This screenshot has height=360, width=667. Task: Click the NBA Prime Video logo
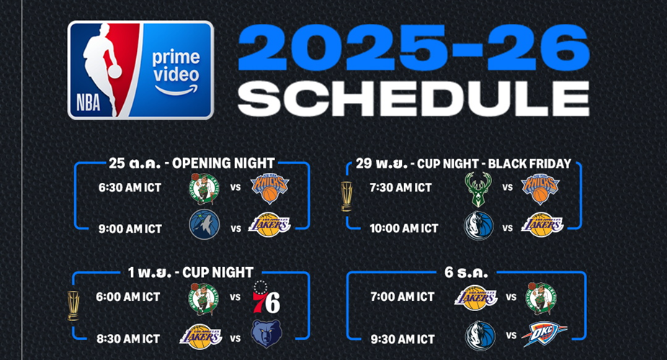coord(140,70)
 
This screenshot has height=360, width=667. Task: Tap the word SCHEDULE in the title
coord(413,99)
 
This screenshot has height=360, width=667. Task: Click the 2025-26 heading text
coord(413,48)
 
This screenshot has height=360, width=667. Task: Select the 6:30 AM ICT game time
coord(130,187)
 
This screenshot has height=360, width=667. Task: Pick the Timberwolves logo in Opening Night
coord(204,225)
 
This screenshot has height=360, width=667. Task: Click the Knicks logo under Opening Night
coord(269,188)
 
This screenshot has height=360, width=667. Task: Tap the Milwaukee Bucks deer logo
coord(478,189)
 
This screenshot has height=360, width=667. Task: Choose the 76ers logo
coord(267,297)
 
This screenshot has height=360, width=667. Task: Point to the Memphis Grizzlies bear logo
coord(267,334)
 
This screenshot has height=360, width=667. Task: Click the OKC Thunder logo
coord(544,334)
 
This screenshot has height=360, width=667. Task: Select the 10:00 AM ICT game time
coord(403,229)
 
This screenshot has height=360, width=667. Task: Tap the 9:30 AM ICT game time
coord(403,339)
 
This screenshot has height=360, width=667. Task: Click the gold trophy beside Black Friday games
coord(346,197)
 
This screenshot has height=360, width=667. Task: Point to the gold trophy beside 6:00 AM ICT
coord(73,305)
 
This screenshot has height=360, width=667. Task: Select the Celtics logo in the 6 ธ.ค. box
coord(541,299)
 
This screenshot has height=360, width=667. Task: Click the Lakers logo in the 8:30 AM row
coord(201,337)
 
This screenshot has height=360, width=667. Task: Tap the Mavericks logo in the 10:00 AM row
coord(479,225)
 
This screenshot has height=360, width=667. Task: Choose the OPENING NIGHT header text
coord(223,163)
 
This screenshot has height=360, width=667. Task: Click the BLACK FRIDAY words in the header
coord(529,163)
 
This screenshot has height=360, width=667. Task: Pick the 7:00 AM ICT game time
coord(403,297)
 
